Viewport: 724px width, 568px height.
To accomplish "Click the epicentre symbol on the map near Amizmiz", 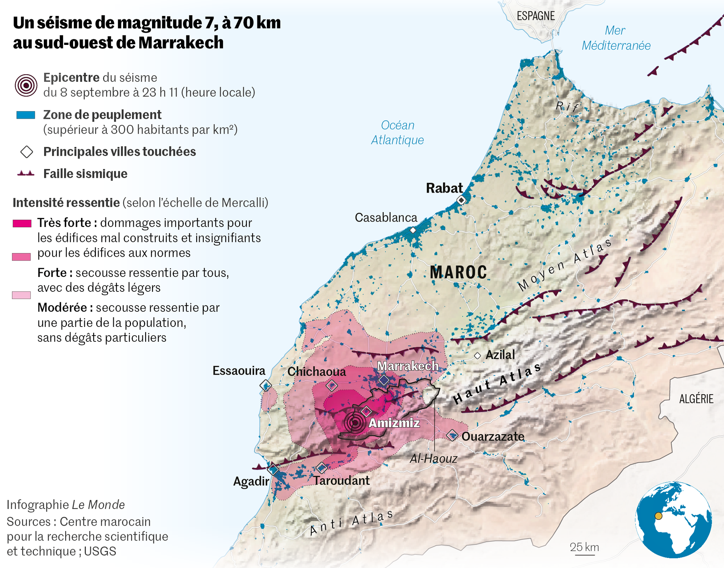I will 355,422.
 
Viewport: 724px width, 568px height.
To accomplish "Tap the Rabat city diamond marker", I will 461,200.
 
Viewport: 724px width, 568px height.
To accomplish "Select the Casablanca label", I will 386,218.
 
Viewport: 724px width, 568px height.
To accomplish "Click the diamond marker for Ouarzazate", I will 452,435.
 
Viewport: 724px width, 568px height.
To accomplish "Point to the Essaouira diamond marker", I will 266,386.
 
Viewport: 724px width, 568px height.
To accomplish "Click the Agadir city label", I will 251,481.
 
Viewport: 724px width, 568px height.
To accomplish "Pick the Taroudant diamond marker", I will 321,468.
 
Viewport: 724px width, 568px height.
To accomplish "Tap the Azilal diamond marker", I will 477,356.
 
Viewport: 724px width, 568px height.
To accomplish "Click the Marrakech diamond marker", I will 384,380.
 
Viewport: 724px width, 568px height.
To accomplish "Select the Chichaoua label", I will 316,372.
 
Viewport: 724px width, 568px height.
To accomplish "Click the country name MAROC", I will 458,272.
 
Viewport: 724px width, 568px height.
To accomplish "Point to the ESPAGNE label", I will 535,16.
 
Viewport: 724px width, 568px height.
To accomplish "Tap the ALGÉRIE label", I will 696,399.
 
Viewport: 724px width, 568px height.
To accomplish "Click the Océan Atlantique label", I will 397,132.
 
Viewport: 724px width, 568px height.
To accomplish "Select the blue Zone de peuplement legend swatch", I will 26,115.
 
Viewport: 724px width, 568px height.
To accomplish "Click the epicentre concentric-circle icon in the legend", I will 26,85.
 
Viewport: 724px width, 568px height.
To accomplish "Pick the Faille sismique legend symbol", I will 26,174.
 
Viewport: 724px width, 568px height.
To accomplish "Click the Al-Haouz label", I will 433,459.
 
